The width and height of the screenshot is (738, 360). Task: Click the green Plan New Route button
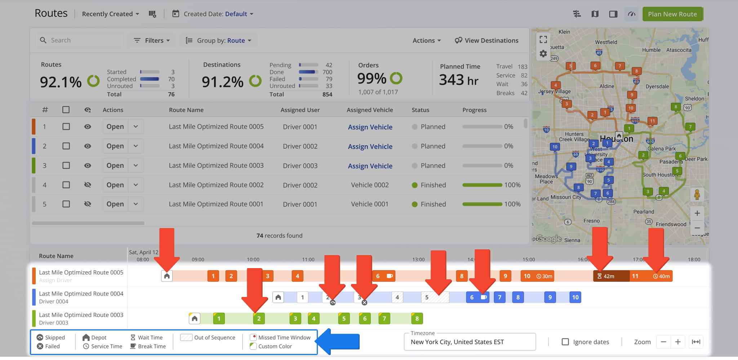pos(672,14)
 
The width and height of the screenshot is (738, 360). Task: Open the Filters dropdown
pos(152,40)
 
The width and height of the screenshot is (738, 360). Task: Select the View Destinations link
pos(487,40)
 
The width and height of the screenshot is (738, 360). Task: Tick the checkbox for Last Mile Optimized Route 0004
pos(66,146)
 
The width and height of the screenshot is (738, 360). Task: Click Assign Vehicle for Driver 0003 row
pos(370,166)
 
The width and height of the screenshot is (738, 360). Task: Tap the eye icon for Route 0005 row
pos(88,127)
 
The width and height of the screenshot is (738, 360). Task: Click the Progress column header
pos(474,110)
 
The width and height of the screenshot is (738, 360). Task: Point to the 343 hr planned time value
pos(458,80)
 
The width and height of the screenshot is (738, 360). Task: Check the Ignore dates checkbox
pos(565,342)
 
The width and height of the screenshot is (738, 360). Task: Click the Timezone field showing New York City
pos(469,342)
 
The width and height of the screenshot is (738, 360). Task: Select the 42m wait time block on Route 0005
pos(611,276)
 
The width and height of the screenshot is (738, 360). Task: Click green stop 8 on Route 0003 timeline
pos(417,319)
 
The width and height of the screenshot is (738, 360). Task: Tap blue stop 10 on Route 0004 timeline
pos(575,297)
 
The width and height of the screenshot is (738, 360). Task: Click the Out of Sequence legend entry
pos(208,338)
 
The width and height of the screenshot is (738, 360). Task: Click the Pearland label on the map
pos(644,212)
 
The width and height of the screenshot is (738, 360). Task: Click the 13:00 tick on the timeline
pos(418,259)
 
